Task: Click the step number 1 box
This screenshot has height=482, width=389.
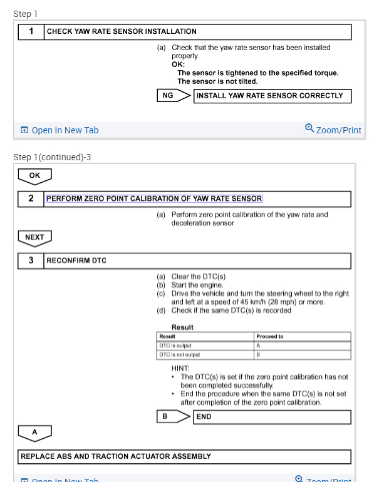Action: (31, 31)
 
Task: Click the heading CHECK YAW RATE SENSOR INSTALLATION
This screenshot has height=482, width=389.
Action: (122, 31)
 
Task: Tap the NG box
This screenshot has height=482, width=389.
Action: (167, 96)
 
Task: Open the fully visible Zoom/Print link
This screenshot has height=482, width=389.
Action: (338, 130)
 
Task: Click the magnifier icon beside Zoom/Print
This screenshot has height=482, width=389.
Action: (309, 128)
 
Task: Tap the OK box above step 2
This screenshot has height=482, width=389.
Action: (34, 176)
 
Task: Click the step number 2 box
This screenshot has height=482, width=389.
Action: (31, 199)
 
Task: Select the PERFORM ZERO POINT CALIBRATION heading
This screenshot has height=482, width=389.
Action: (154, 199)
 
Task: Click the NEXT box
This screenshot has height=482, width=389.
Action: (34, 237)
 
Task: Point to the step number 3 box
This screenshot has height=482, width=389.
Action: (31, 260)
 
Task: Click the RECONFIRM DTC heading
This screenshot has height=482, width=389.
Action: (76, 260)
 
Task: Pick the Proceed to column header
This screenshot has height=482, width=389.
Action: (270, 336)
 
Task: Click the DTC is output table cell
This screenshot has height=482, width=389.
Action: (205, 346)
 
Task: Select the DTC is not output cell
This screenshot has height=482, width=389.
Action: (205, 355)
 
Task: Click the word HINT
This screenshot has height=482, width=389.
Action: (180, 369)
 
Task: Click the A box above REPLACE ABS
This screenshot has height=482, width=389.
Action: (34, 433)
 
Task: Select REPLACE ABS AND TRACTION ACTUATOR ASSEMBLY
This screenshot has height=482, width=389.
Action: (116, 456)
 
